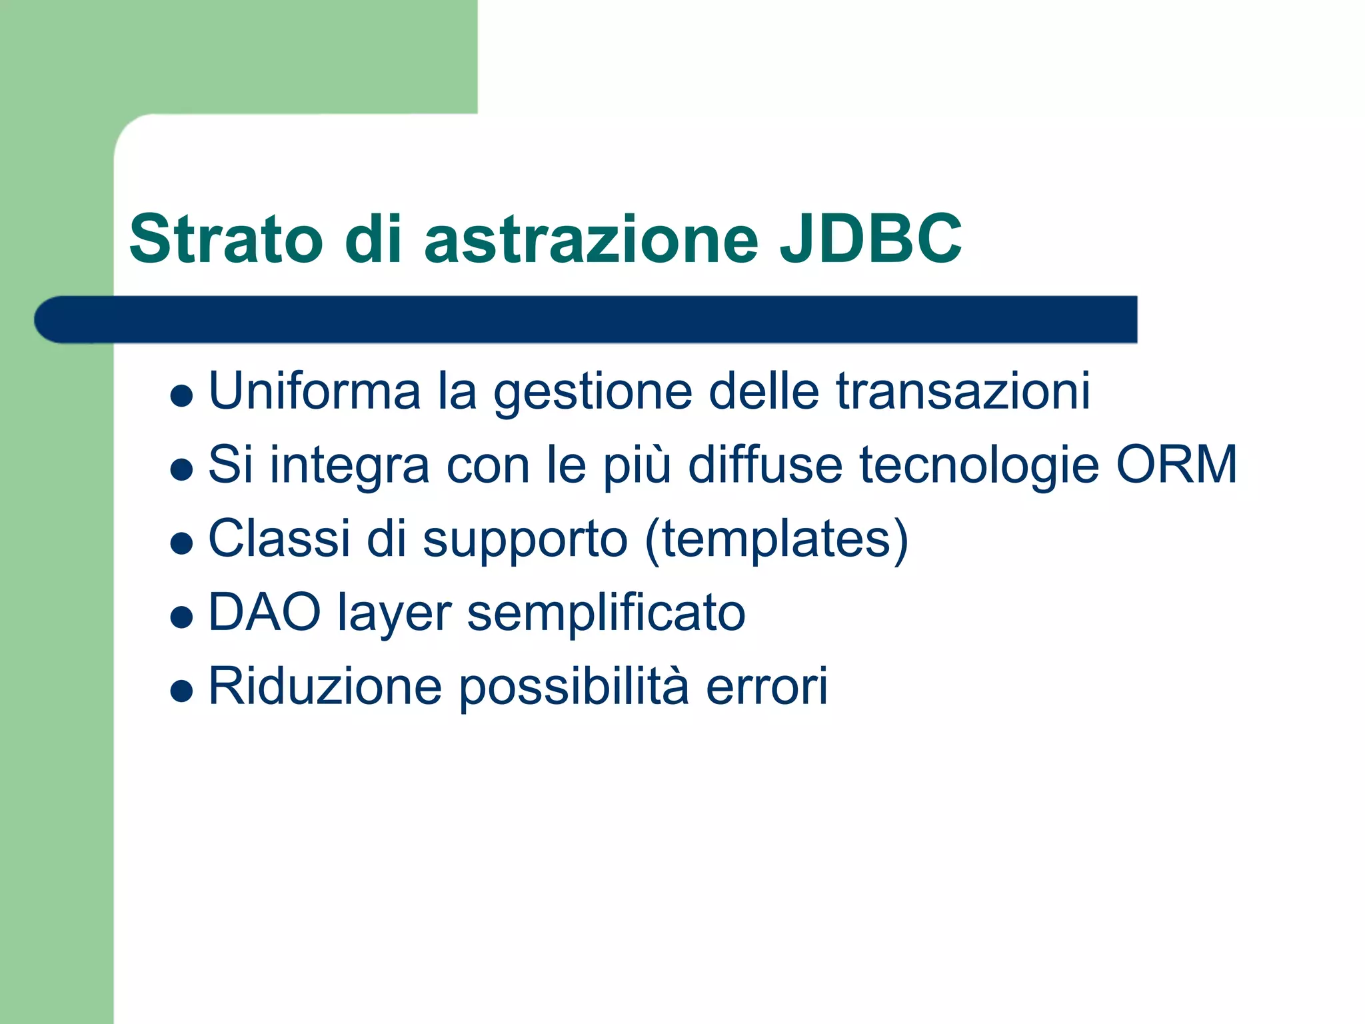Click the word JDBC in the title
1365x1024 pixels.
coord(870,239)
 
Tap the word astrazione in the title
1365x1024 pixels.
coord(591,239)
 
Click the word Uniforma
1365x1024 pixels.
coord(315,391)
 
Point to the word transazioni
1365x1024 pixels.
coord(963,391)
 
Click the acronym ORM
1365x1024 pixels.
coord(1176,464)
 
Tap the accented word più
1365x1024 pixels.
coord(637,465)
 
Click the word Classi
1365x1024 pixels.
coord(279,538)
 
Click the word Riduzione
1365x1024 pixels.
coord(325,686)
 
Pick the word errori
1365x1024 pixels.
coord(766,687)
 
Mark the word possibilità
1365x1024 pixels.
coord(574,687)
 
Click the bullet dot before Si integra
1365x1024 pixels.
coord(181,469)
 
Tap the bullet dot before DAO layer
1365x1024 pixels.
coord(181,617)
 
